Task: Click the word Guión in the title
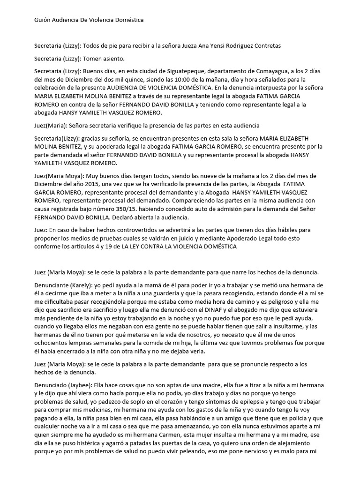click(43, 21)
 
